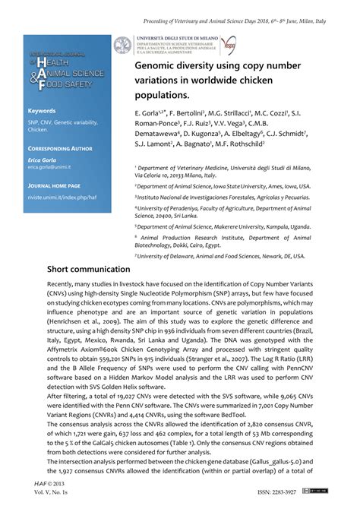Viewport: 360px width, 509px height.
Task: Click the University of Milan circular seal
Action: coord(123,45)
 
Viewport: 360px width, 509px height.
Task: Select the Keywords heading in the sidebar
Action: coord(42,110)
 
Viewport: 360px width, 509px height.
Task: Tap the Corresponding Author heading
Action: coord(60,150)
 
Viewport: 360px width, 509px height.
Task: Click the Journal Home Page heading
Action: coord(54,185)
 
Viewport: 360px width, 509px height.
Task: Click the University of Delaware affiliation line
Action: coord(219,256)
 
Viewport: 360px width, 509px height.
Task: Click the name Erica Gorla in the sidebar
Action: coord(45,159)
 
